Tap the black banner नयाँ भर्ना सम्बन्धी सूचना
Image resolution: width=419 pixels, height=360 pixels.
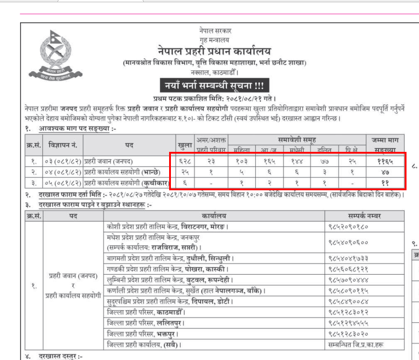pyautogui.click(x=215, y=85)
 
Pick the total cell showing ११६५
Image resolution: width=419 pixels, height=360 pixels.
pyautogui.click(x=385, y=161)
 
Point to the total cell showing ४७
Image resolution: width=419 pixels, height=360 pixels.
pyautogui.click(x=385, y=172)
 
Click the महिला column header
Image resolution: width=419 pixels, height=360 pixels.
pyautogui.click(x=242, y=150)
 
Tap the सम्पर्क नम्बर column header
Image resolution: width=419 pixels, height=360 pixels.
pyautogui.click(x=364, y=216)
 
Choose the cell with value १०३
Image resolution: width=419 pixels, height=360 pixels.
pyautogui.click(x=242, y=161)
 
